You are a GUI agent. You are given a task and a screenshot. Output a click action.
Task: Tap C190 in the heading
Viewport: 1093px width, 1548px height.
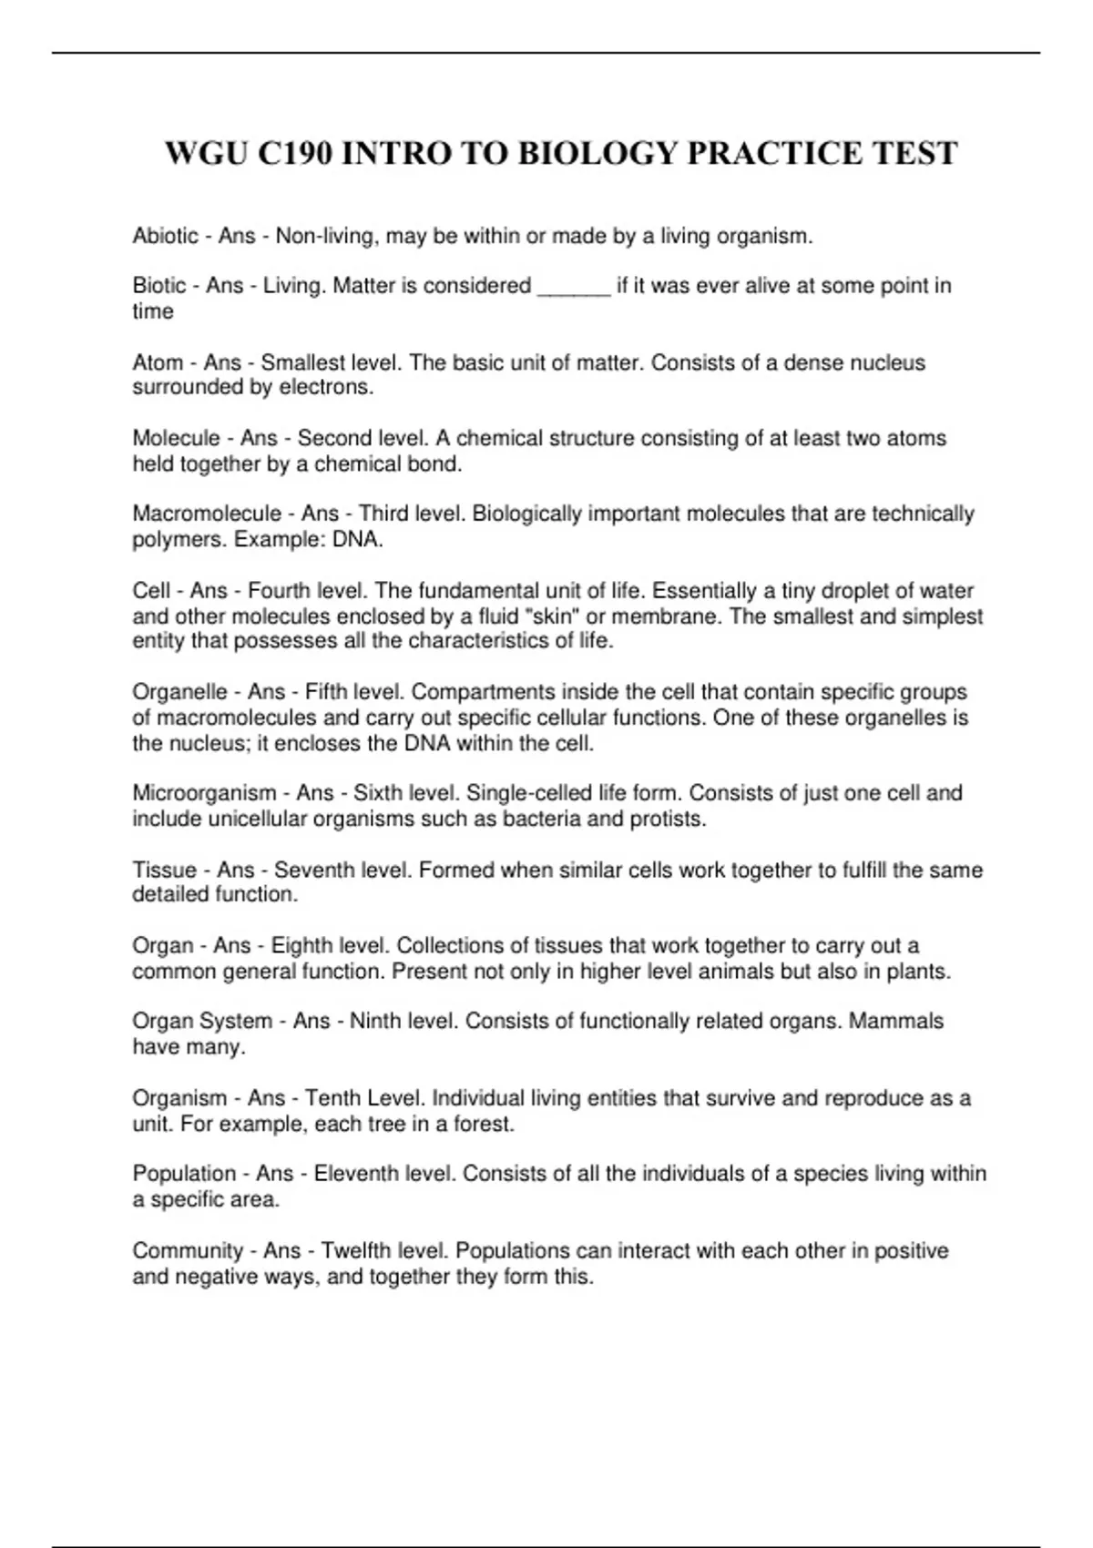pyautogui.click(x=292, y=153)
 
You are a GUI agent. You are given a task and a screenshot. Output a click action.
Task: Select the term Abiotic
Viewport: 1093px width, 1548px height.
pyautogui.click(x=165, y=236)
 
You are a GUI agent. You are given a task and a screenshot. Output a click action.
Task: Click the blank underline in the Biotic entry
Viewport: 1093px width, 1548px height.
pyautogui.click(x=574, y=288)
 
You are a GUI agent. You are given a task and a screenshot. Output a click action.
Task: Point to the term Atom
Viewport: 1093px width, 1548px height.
pyautogui.click(x=158, y=362)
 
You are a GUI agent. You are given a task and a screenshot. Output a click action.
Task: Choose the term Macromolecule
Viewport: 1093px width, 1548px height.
pyautogui.click(x=207, y=514)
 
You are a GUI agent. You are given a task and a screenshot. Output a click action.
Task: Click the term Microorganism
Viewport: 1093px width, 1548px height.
pyautogui.click(x=204, y=793)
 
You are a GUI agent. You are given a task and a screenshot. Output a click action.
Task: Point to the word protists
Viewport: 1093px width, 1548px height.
pyautogui.click(x=667, y=819)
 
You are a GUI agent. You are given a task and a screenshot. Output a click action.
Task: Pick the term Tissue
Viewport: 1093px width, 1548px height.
pyautogui.click(x=163, y=870)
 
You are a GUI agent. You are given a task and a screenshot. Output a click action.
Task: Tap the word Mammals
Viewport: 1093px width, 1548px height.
pyautogui.click(x=895, y=1021)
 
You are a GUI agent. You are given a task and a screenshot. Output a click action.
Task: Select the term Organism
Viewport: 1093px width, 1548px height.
pyautogui.click(x=179, y=1098)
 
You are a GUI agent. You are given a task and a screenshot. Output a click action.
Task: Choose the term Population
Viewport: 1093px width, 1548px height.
pyautogui.click(x=184, y=1174)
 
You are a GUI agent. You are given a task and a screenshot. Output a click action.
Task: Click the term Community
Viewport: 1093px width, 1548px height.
pyautogui.click(x=188, y=1250)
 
